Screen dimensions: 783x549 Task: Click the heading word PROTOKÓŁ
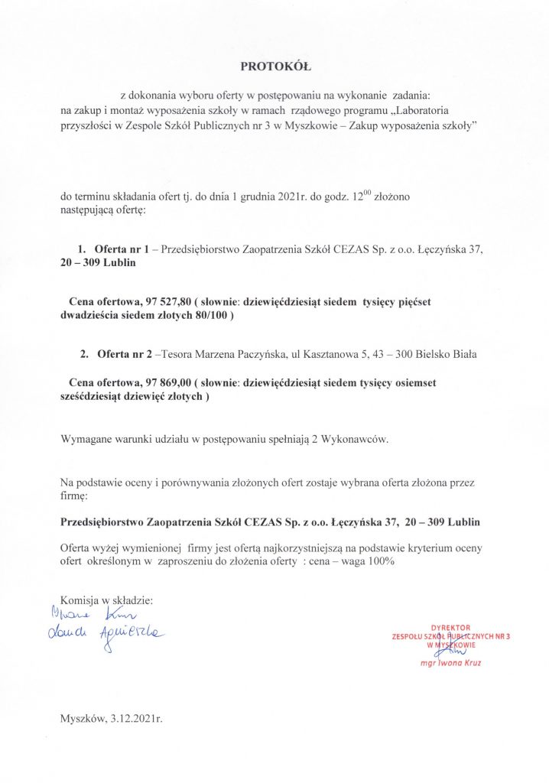(274, 67)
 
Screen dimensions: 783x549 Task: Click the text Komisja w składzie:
(106, 600)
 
